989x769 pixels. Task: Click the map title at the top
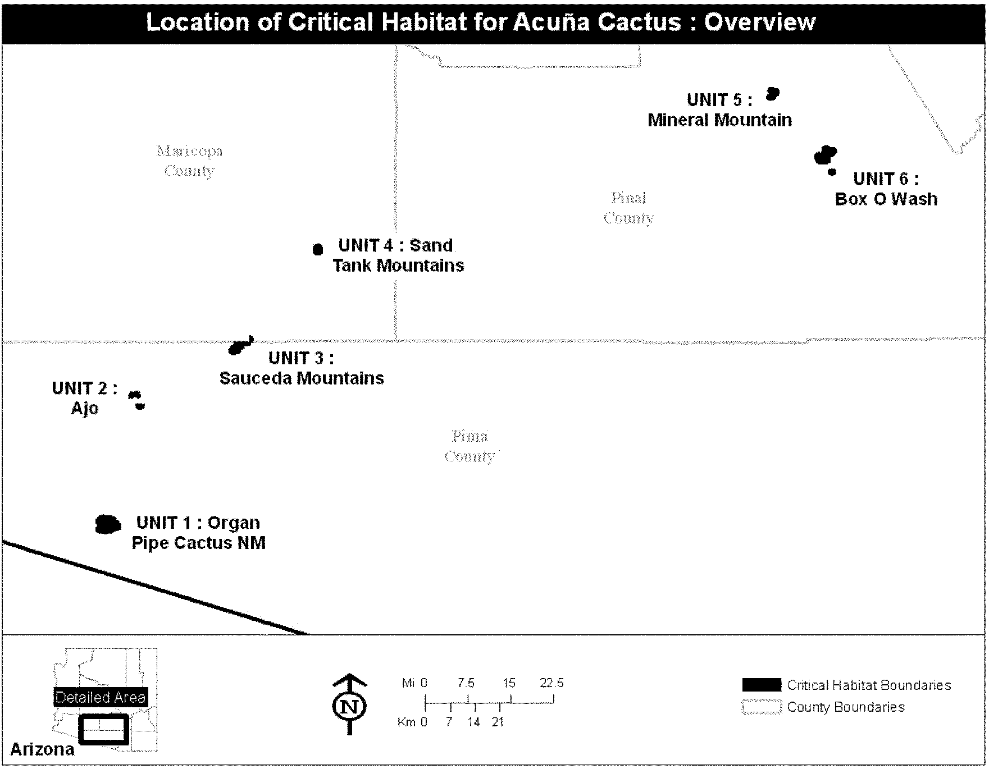click(480, 22)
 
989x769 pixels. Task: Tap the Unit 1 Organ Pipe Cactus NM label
click(198, 533)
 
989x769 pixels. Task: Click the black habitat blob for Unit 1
click(108, 524)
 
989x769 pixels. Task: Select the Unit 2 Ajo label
click(84, 398)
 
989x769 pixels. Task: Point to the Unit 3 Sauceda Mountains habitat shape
click(240, 346)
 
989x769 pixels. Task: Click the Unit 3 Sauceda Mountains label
click(302, 368)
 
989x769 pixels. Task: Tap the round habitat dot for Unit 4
click(318, 249)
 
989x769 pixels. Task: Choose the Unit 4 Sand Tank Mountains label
click(398, 255)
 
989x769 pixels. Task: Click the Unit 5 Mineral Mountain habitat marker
click(773, 94)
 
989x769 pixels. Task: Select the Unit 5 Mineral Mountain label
click(719, 110)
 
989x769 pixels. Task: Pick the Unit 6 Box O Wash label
click(886, 189)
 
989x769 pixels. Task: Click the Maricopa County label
click(189, 161)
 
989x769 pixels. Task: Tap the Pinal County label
click(628, 208)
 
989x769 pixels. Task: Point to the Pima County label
click(470, 446)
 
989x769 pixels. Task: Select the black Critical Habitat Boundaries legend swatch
click(761, 685)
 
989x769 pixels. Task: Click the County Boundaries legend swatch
click(761, 707)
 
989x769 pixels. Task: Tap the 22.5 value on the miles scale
click(552, 683)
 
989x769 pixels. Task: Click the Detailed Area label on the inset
click(101, 697)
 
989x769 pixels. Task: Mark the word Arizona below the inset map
click(42, 749)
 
